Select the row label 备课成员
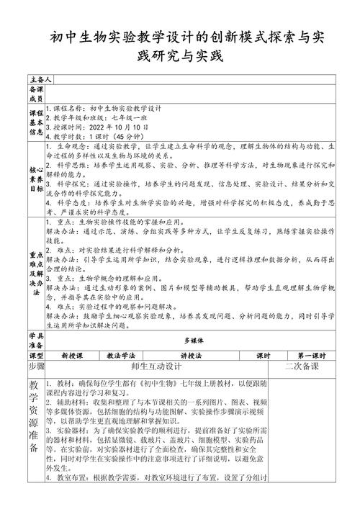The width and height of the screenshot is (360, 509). click(37, 94)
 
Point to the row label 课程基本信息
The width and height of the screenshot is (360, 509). click(36, 123)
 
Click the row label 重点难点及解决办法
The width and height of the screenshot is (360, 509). click(36, 274)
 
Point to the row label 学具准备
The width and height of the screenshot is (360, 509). click(36, 340)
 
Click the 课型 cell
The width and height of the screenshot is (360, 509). click(36, 356)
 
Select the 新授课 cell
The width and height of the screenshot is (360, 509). click(73, 356)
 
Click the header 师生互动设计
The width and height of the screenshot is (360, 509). click(156, 366)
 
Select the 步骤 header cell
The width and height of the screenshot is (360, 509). click(36, 366)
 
